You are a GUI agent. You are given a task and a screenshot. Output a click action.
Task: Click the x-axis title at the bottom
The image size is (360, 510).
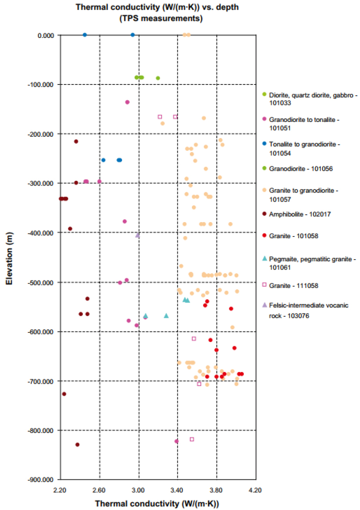(156, 503)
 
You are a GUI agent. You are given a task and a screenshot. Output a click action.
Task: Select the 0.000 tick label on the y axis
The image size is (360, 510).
(44, 35)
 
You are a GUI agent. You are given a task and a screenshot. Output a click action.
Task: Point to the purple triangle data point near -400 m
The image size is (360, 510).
(138, 235)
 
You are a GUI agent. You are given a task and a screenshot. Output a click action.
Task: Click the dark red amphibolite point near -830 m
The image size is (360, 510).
(77, 445)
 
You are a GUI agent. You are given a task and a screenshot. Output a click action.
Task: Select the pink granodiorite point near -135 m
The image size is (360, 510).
(128, 102)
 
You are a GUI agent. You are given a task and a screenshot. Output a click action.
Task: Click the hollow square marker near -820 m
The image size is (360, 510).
(192, 439)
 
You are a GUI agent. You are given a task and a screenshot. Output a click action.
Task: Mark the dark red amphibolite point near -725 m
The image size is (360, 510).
(64, 394)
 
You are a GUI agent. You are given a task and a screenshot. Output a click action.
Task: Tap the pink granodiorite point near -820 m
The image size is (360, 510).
(177, 441)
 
